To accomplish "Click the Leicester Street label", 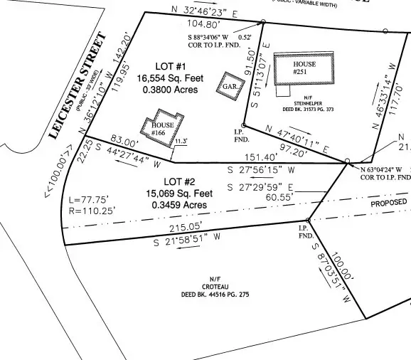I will [78, 85].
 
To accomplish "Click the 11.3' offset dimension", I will [183, 142].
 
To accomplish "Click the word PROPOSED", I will [390, 203].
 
